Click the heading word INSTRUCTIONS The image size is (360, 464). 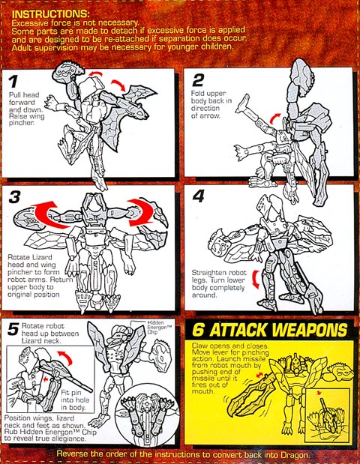click(x=50, y=14)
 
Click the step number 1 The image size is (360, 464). click(x=13, y=82)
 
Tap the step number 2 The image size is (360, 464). click(x=198, y=80)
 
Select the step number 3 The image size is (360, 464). click(x=15, y=197)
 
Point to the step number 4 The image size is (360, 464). click(x=198, y=196)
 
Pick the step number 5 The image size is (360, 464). click(x=13, y=329)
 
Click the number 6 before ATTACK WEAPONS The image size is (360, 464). click(x=198, y=330)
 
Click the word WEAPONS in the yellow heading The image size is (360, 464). click(x=309, y=329)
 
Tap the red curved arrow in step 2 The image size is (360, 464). click(x=275, y=118)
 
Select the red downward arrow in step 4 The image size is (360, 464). click(x=255, y=280)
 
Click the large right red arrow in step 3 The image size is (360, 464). click(x=141, y=212)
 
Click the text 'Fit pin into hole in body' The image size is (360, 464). click(x=73, y=400)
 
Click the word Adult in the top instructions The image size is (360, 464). click(x=22, y=47)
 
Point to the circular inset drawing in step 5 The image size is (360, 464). click(x=147, y=414)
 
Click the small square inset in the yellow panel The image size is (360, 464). click(x=328, y=415)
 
